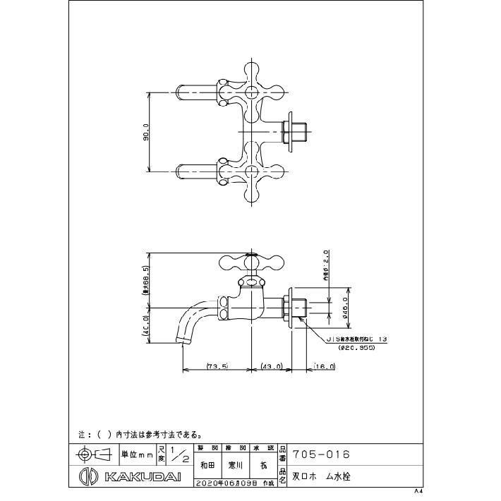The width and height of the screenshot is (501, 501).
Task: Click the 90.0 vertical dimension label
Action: click(146, 131)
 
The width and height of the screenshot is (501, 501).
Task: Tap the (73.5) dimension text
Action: click(216, 366)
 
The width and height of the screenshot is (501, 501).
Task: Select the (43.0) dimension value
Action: click(272, 366)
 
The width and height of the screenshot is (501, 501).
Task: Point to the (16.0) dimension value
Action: click(325, 366)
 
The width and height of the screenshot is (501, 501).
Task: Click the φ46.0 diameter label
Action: click(347, 308)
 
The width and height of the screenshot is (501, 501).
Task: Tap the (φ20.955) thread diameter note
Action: click(358, 348)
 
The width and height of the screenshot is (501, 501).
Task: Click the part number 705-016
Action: click(320, 454)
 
